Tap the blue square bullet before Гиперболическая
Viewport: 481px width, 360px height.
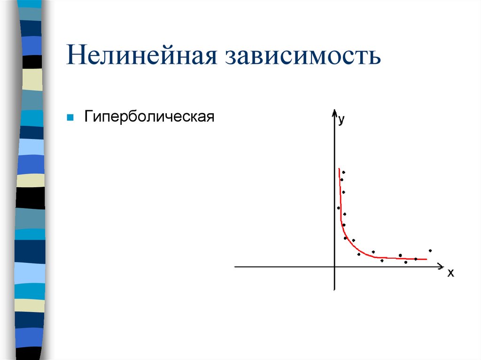pyautogui.click(x=69, y=116)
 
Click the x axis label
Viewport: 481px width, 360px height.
pyautogui.click(x=450, y=273)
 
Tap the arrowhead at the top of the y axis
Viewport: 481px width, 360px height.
pyautogui.click(x=334, y=113)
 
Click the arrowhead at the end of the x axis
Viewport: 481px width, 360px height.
pyautogui.click(x=441, y=267)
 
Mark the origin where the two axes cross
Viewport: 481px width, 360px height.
pyautogui.click(x=335, y=267)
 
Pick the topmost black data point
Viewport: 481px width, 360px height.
pyautogui.click(x=344, y=172)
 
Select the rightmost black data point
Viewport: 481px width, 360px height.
pyautogui.click(x=430, y=251)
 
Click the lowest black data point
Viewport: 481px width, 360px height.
pyautogui.click(x=406, y=262)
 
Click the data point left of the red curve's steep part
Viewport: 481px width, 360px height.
pyautogui.click(x=338, y=208)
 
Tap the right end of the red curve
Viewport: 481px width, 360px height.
pyautogui.click(x=426, y=259)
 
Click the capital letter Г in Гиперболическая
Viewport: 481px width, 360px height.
pyautogui.click(x=88, y=116)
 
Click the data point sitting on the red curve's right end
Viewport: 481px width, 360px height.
pyautogui.click(x=416, y=259)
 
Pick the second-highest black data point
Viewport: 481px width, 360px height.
pyautogui.click(x=341, y=180)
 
